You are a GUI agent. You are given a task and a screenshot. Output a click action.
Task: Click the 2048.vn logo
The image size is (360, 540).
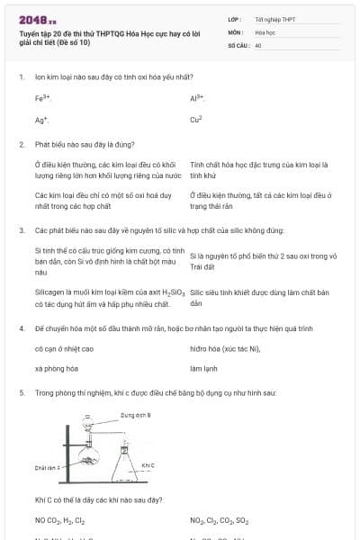coord(37,19)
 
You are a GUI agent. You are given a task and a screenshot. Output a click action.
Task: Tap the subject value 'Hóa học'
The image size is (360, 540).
coord(265,31)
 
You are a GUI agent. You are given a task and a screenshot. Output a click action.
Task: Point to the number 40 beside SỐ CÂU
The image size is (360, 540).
coord(258,44)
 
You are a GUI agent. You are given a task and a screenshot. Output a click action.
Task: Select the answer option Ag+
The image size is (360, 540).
coord(41,119)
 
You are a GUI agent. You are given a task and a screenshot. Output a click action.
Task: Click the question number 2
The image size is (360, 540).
coord(21,144)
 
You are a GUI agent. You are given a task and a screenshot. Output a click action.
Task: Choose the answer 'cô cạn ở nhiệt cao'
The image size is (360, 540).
coord(64,348)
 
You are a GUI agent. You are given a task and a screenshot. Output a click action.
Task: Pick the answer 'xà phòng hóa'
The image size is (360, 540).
coord(54,369)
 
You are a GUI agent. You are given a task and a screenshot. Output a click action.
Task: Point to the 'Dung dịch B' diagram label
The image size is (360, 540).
coord(136,415)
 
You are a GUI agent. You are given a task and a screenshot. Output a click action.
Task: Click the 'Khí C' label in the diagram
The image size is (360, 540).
coord(148,465)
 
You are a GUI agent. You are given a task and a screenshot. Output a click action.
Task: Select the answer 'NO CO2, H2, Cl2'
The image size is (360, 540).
coord(60,520)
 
